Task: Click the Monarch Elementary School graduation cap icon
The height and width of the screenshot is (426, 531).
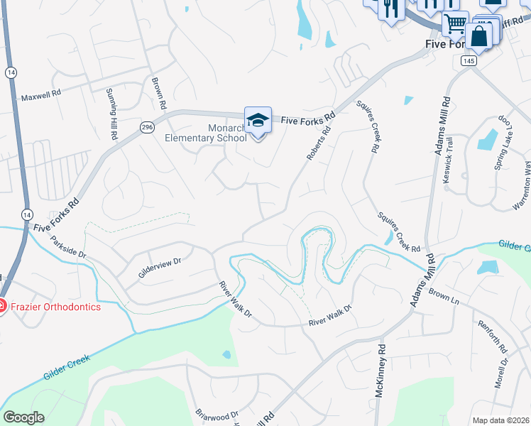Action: [x=258, y=121]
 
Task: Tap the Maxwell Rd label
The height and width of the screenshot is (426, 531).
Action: [x=41, y=97]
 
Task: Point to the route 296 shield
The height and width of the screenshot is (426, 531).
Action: [x=147, y=127]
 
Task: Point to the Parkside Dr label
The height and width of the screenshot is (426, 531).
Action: [x=68, y=244]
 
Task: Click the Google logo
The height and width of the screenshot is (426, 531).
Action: [x=23, y=417]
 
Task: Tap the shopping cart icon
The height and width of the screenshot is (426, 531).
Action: [x=455, y=24]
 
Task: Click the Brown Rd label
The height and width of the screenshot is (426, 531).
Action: [x=159, y=92]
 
